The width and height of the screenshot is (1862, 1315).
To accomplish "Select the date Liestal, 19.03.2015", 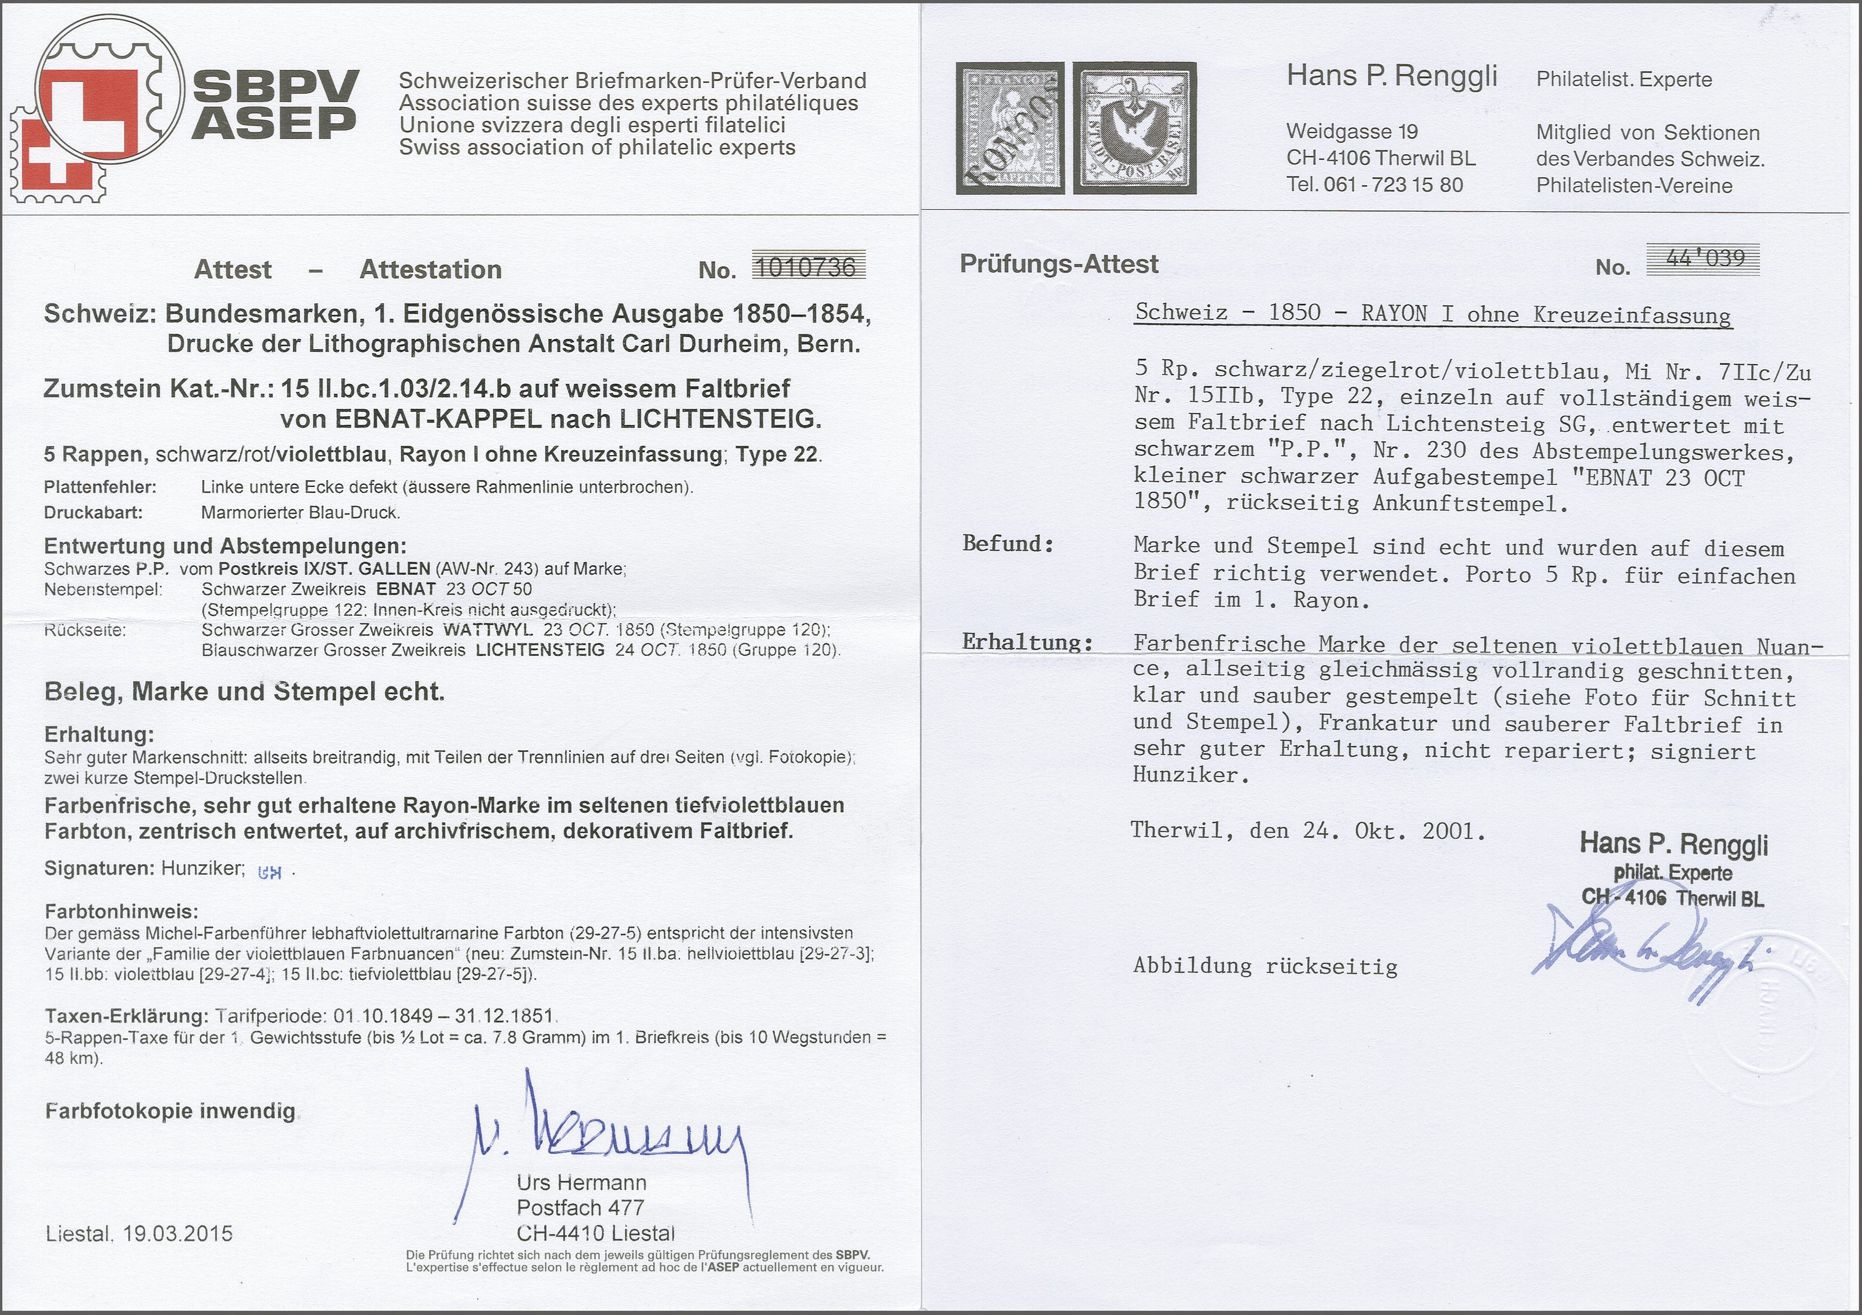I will (139, 1234).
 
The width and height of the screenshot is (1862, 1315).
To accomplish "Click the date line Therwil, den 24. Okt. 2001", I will (1308, 832).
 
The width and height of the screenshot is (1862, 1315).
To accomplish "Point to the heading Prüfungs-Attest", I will (1059, 264).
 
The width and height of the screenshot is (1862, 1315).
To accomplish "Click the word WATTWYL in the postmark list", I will (487, 630).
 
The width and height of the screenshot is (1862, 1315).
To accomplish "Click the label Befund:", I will (1008, 544).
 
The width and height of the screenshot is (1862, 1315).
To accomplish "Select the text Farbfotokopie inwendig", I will (169, 1111).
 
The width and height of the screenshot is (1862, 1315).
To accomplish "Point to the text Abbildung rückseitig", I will (1265, 965).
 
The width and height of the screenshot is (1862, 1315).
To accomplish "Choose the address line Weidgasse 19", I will (1352, 131).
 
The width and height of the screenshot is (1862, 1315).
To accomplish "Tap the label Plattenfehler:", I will (101, 487).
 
